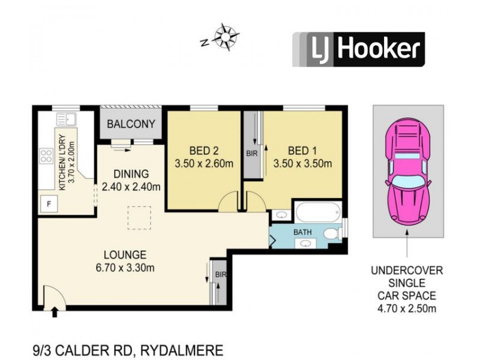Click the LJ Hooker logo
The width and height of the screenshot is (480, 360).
358,49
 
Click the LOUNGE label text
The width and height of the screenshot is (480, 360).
124,254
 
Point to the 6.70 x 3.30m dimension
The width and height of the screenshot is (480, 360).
124,268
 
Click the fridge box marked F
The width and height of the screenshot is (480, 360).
49,203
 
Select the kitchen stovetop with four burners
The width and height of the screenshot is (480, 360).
47,156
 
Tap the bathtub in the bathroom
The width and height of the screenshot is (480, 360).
318,212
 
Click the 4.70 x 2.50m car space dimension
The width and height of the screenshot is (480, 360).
407,308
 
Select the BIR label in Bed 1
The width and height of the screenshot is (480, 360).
251,154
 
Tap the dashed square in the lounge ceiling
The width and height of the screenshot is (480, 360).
139,218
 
